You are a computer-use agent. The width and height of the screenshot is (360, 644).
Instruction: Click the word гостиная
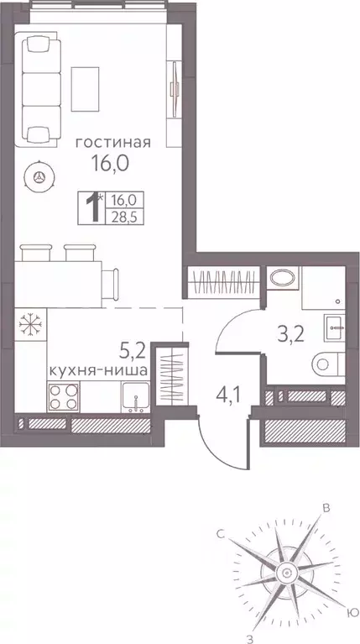pyautogui.click(x=113, y=143)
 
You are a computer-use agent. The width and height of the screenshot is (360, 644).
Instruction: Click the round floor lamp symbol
pyautogui.click(x=39, y=175)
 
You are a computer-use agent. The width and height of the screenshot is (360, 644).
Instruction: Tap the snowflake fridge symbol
pyautogui.click(x=29, y=324)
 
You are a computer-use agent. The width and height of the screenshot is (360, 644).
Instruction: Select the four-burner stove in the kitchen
pyautogui.click(x=62, y=395)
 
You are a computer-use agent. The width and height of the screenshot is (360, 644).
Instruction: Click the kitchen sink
pyautogui.click(x=133, y=395)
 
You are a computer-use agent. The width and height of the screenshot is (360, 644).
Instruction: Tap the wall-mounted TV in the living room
pyautogui.click(x=175, y=81)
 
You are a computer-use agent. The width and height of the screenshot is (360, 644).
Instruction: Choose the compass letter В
pyautogui.click(x=327, y=508)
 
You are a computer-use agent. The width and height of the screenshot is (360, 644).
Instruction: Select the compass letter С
pyautogui.click(x=220, y=532)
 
